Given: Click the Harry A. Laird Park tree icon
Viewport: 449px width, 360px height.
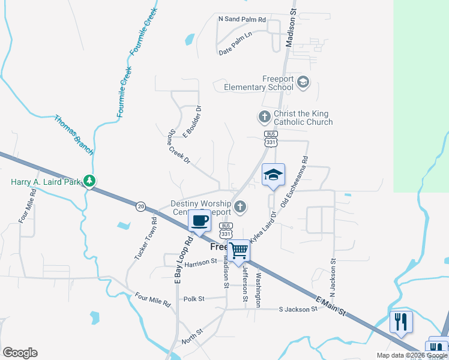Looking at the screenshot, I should point(89,180).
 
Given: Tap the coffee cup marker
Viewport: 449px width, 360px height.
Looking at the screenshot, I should point(200,221).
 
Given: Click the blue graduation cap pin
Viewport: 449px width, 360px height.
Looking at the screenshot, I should point(273,175).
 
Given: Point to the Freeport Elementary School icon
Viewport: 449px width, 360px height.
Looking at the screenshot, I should point(303,82).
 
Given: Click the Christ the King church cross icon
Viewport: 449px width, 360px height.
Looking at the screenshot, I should point(264,116).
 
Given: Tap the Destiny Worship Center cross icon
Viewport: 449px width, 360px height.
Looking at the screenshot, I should point(240,208).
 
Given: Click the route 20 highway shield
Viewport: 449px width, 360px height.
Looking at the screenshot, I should point(140,206).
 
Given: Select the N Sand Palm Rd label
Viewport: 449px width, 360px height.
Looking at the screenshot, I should point(242,19).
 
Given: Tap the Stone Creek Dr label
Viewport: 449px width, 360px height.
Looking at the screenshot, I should point(179,146).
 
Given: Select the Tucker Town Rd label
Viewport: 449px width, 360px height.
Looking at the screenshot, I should point(146,238).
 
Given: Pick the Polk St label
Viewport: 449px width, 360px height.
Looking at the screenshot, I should point(194,298).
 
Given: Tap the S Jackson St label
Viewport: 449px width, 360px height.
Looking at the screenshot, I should point(298,309).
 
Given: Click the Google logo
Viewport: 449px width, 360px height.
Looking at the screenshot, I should point(20,353).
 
